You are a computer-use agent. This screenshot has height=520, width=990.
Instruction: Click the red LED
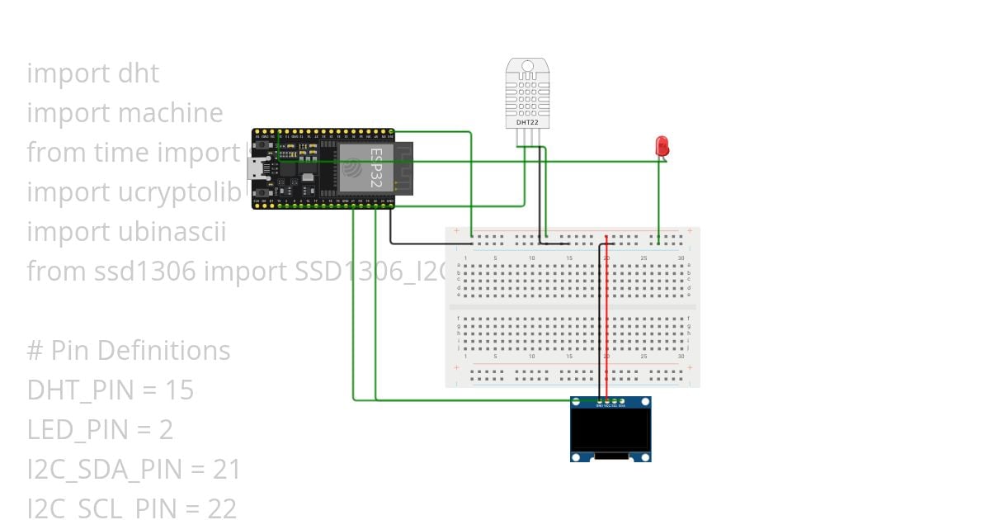pyautogui.click(x=662, y=146)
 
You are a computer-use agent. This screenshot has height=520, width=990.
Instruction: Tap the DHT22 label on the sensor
pyautogui.click(x=527, y=122)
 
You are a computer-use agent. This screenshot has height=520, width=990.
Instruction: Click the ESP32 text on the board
pyautogui.click(x=375, y=168)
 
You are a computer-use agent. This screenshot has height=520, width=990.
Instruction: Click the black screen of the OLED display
pyautogui.click(x=610, y=430)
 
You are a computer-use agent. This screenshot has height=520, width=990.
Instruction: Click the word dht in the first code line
pyautogui.click(x=139, y=73)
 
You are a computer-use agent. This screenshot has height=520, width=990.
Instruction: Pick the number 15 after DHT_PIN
pyautogui.click(x=179, y=390)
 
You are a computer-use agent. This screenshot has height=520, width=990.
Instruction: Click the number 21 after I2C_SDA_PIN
pyautogui.click(x=226, y=470)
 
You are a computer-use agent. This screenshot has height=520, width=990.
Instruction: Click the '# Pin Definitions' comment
pyautogui.click(x=129, y=351)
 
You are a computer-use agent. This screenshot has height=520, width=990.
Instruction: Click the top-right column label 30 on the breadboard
pyautogui.click(x=681, y=258)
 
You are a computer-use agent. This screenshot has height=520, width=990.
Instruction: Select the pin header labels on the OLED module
pyautogui.click(x=610, y=405)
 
